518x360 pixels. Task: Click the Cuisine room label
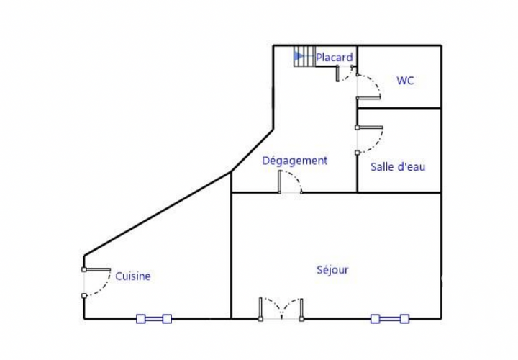[133, 276]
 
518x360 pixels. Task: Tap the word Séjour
[332, 270]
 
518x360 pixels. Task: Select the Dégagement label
[295, 161]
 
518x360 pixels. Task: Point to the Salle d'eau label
[398, 166]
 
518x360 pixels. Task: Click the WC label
[405, 81]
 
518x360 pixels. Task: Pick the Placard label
[335, 58]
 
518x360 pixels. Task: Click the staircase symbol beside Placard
[304, 56]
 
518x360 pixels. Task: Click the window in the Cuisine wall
[154, 319]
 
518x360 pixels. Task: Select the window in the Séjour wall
[390, 319]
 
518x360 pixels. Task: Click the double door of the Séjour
[281, 309]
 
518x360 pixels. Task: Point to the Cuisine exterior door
[96, 282]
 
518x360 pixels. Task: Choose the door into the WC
[368, 86]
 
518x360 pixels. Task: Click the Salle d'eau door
[369, 140]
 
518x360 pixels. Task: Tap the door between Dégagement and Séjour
[291, 182]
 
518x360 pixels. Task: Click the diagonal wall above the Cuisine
[158, 214]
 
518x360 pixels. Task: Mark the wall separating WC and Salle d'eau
[399, 108]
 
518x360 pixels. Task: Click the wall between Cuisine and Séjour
[231, 246]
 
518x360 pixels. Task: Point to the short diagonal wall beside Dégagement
[253, 150]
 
